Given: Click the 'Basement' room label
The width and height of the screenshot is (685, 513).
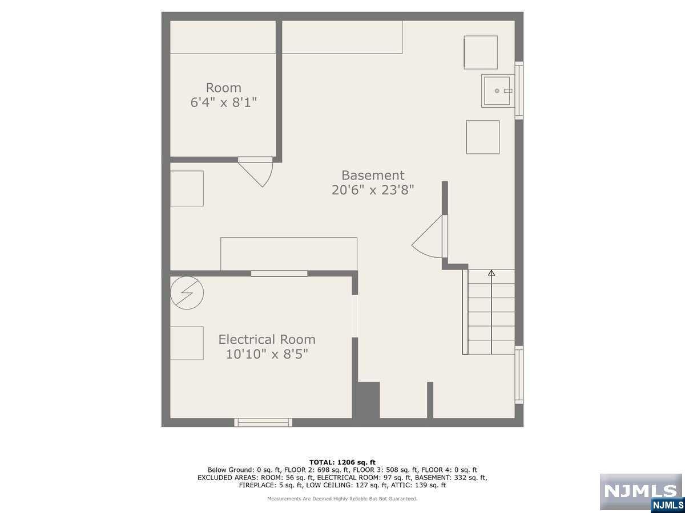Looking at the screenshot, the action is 373,176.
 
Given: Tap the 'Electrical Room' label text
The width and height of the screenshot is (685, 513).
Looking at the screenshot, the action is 267,340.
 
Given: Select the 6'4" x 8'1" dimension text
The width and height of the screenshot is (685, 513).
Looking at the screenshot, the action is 223,102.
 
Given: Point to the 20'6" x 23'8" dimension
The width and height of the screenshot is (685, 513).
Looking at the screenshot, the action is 373,190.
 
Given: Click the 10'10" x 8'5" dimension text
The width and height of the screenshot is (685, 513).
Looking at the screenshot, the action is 267,354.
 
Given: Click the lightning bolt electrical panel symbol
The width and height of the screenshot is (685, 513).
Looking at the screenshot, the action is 187,293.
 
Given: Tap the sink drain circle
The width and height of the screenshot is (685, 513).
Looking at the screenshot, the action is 497,91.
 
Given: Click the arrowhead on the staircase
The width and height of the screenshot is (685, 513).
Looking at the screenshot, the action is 491,273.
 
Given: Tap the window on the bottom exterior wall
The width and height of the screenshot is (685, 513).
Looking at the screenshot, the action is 263,422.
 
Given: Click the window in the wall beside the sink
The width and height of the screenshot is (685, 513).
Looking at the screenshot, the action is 519,90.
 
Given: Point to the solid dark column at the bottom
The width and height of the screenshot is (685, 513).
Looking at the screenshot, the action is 369,400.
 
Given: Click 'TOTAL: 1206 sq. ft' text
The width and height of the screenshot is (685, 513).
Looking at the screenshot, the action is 342,462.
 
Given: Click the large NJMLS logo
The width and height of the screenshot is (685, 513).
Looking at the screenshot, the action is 640,491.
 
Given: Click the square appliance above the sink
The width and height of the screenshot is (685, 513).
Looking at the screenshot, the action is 481,52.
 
